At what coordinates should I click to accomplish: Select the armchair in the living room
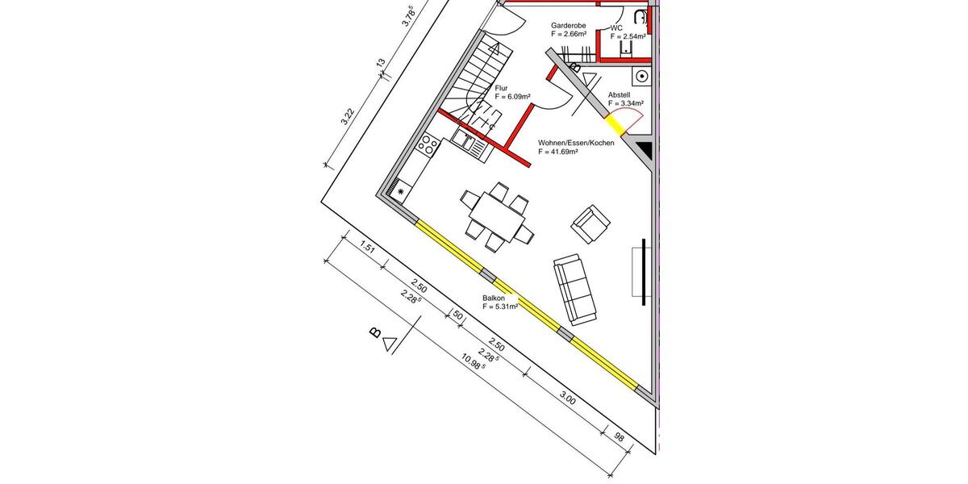(x=590, y=222)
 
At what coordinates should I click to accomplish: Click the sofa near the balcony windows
(x=574, y=288)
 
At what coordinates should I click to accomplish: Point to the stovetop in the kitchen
(x=428, y=145)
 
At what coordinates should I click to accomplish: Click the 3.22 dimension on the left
(x=348, y=116)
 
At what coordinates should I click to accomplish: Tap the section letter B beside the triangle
(x=374, y=332)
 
